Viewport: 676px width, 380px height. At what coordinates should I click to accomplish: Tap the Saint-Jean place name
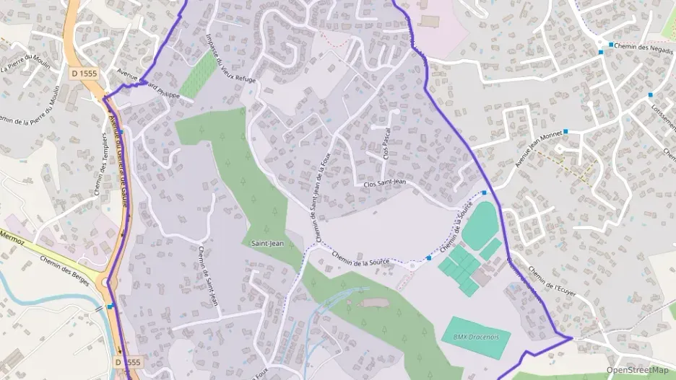[266, 244]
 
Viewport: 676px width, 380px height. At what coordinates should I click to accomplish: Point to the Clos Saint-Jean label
[384, 184]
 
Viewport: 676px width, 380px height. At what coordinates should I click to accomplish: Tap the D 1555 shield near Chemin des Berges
[127, 361]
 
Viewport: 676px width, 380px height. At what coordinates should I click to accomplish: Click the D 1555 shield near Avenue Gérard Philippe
[84, 73]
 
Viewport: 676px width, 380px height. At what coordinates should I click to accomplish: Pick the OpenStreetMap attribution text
[638, 370]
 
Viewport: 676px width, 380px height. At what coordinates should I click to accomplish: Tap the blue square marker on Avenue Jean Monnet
[565, 131]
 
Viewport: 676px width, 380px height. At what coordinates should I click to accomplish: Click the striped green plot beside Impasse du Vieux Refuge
[197, 74]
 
